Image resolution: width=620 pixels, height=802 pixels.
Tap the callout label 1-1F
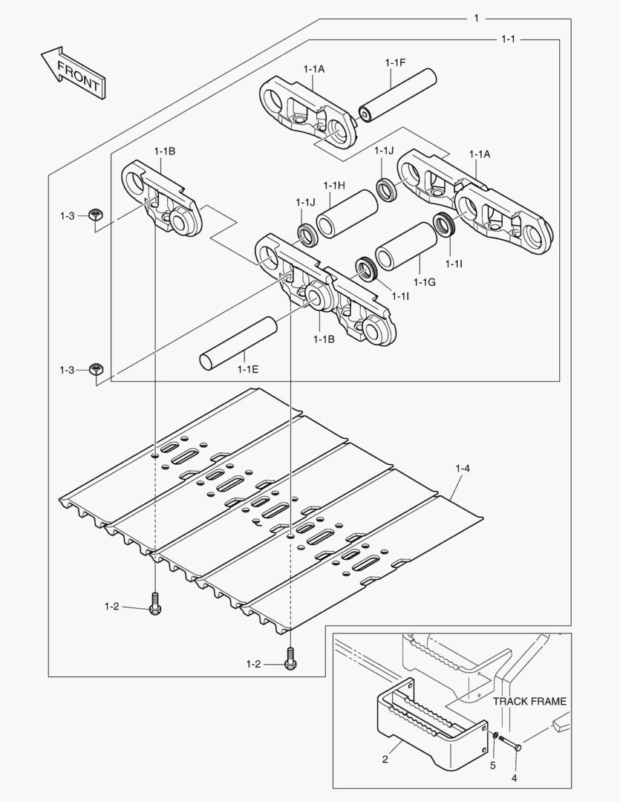[395, 63]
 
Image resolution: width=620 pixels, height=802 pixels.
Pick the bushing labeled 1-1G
[405, 246]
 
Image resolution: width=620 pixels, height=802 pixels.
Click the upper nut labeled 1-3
[95, 215]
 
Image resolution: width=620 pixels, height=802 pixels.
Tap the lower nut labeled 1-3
[95, 369]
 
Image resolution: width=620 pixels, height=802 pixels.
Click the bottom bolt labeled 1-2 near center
[290, 657]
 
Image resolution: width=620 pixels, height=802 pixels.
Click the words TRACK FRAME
[529, 701]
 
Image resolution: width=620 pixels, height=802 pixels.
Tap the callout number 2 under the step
[385, 759]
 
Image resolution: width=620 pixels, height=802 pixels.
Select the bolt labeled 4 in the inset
[509, 741]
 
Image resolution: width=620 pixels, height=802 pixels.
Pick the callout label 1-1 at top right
[507, 39]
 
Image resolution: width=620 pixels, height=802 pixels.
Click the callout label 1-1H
[334, 185]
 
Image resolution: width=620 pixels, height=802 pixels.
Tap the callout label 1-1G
[424, 282]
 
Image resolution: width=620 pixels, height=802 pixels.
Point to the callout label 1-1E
[248, 368]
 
